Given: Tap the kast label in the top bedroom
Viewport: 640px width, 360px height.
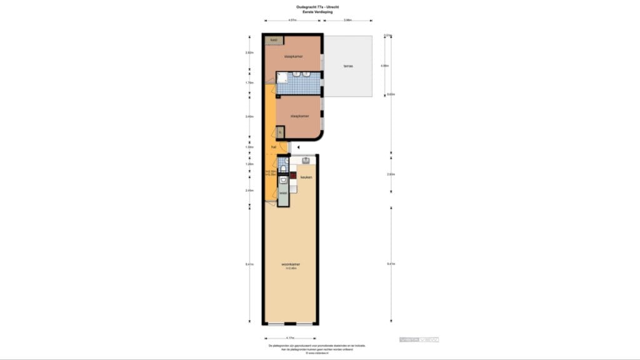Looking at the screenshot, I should [273, 40].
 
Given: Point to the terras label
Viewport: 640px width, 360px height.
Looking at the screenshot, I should [347, 66].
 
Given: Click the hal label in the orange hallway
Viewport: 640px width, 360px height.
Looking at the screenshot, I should [274, 147].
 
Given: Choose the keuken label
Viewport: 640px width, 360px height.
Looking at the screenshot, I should [306, 177].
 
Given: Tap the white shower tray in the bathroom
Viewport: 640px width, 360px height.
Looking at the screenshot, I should [282, 77].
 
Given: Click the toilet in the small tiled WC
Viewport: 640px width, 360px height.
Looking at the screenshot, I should [283, 169].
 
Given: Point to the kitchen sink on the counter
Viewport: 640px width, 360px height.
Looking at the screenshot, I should [306, 161].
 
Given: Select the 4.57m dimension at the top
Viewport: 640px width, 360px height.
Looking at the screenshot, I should [292, 21].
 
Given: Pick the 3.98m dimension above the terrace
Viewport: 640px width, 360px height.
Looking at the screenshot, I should [348, 21].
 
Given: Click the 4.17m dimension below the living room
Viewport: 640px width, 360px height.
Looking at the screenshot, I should [291, 338].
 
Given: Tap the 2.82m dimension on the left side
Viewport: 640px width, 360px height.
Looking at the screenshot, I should [249, 53].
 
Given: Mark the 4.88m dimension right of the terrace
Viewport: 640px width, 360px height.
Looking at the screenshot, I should [386, 66].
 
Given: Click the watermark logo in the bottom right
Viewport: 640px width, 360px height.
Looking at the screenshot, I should [419, 339].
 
